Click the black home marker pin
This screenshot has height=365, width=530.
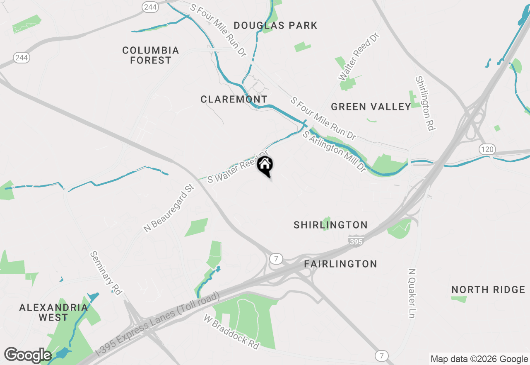point(265,166)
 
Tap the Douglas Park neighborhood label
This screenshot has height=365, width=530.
point(275,26)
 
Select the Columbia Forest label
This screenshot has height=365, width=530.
point(151,55)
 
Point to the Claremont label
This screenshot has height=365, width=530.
point(234,100)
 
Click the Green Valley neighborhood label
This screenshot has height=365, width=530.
point(371,107)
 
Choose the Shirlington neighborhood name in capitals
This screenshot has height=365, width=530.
point(330,225)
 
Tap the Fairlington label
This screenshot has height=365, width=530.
point(340,264)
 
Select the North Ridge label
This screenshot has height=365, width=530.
point(488,290)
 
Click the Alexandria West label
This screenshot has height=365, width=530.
point(53,312)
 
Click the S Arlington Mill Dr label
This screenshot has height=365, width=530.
point(335,152)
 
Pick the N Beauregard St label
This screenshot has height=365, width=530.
point(169,208)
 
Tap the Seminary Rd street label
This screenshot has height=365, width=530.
point(106,273)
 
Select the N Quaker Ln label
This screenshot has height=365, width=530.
point(412,293)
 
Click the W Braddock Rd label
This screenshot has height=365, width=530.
point(231,331)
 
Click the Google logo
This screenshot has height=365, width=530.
point(28,355)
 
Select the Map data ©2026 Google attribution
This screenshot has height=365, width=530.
point(479,359)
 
